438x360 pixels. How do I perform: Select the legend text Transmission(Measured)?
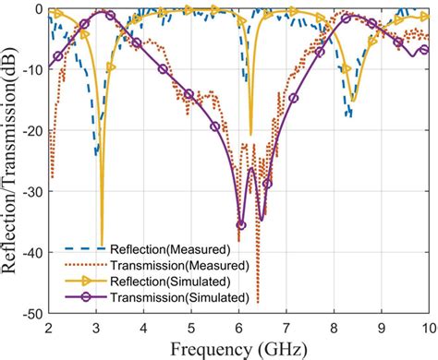(x=176, y=265)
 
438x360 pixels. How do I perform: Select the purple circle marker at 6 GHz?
(x=241, y=224)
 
